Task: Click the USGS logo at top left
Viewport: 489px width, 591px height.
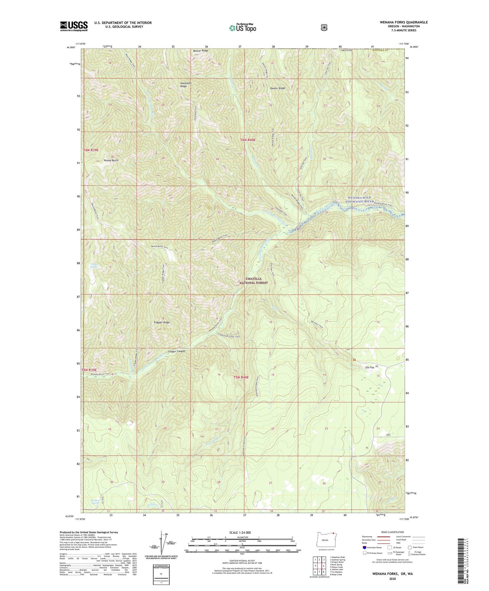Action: coord(74,26)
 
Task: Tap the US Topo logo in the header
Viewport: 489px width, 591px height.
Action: coord(243,28)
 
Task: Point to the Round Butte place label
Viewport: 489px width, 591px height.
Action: coord(111,160)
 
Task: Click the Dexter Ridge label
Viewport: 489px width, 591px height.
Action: coord(277,88)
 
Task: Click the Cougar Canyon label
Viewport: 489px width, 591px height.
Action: coord(176,351)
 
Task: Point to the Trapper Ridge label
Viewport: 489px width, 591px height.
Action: coord(162,322)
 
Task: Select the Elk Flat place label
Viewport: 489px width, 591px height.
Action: coord(370,367)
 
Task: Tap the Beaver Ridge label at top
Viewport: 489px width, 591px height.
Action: coord(200,51)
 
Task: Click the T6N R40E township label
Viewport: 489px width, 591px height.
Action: coord(248,140)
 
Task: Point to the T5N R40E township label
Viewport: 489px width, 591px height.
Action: coord(241,377)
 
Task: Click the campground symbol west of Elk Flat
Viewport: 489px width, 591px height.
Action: coord(354,360)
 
